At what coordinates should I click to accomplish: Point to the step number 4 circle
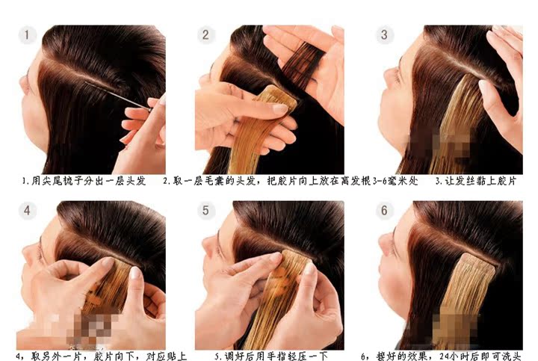pyautogui.click(x=27, y=211)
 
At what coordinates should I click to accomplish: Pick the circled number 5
pyautogui.click(x=205, y=211)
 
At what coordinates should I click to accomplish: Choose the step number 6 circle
pyautogui.click(x=384, y=211)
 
